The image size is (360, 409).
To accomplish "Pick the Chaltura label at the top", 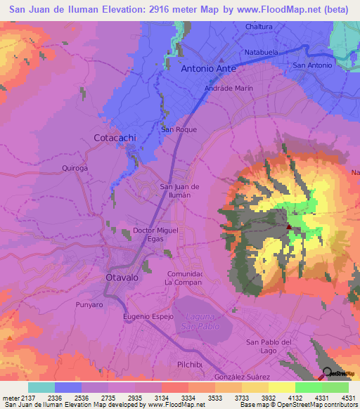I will coord(259,27).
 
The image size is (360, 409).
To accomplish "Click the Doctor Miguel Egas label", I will coord(156,235).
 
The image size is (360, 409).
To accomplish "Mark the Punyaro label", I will coord(89,306).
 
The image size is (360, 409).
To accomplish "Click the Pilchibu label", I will coord(190,364).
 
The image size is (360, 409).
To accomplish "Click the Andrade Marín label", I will coord(228,89).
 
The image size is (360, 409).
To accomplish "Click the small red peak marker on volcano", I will coord(289,226).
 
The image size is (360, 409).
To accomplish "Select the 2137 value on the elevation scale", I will coord(23,397).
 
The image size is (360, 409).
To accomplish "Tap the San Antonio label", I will coord(312,65).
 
